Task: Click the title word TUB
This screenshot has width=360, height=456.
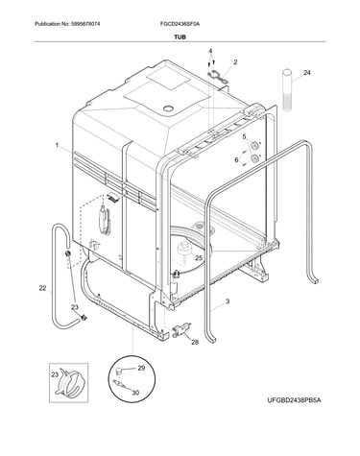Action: (180, 37)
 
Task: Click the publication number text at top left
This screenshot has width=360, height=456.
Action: (67, 24)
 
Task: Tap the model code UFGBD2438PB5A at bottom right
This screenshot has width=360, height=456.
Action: (294, 400)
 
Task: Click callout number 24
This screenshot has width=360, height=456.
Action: (307, 73)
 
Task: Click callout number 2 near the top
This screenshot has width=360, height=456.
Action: (235, 62)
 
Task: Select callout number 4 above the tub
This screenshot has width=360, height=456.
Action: (210, 51)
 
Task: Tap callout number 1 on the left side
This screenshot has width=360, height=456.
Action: (57, 146)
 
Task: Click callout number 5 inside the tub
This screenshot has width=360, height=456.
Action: (244, 137)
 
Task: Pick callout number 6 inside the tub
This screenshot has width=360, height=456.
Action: (236, 159)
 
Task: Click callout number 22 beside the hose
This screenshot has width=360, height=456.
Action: (42, 288)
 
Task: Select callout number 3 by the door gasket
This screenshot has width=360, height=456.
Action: (228, 301)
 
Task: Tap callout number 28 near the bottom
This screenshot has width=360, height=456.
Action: (195, 342)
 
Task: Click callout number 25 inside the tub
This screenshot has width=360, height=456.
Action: (199, 258)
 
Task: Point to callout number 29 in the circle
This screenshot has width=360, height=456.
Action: (141, 368)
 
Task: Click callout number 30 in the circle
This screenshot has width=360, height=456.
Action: (135, 393)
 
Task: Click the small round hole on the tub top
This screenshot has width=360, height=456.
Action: (168, 108)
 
